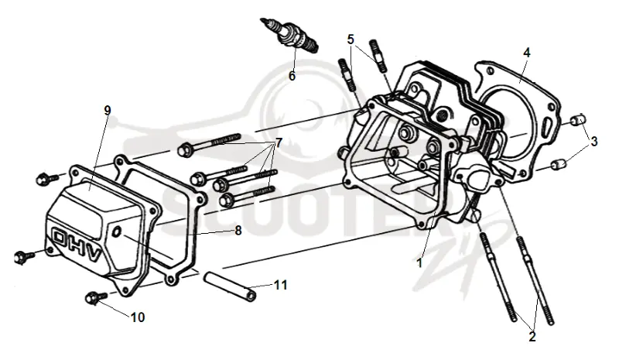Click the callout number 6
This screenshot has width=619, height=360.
point(292,75)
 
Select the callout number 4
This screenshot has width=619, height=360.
point(527,52)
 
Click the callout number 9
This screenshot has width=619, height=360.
point(108,110)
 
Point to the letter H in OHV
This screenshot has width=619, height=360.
point(76,244)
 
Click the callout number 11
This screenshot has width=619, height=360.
point(281,285)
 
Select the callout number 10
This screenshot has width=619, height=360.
point(138,317)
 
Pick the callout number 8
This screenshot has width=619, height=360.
point(238,231)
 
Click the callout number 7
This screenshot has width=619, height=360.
point(279,142)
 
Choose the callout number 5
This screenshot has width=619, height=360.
point(351,39)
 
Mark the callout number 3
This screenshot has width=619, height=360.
point(593,141)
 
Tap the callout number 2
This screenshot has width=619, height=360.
point(532,337)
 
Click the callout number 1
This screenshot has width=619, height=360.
point(419,262)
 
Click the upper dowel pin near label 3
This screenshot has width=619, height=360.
point(579,119)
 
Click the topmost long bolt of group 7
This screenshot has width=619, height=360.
point(209,143)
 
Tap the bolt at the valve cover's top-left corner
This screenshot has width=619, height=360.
point(46,179)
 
